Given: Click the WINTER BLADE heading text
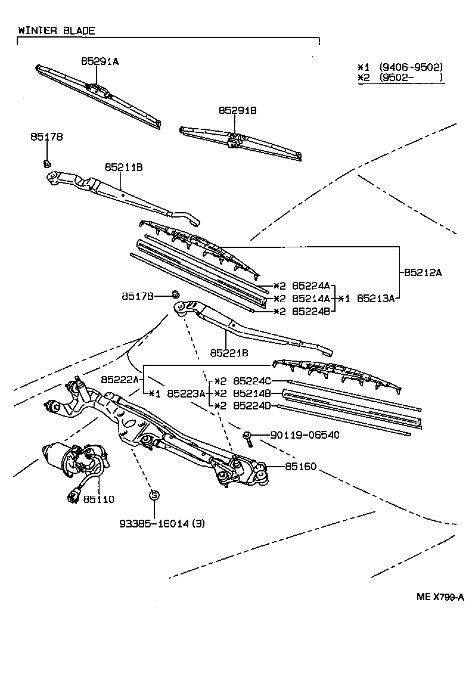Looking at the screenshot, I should (57, 30).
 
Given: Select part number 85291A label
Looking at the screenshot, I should (100, 61).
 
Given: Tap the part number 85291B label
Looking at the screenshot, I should (237, 111).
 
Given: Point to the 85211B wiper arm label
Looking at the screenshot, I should (123, 168).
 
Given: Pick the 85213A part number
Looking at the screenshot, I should (375, 299).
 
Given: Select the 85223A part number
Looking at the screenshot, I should (186, 393).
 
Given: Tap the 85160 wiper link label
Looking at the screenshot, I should (300, 466).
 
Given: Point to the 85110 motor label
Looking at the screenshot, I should (98, 499).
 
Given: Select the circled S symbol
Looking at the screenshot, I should (154, 495).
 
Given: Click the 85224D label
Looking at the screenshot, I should (252, 406).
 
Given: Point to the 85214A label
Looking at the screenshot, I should (310, 299).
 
